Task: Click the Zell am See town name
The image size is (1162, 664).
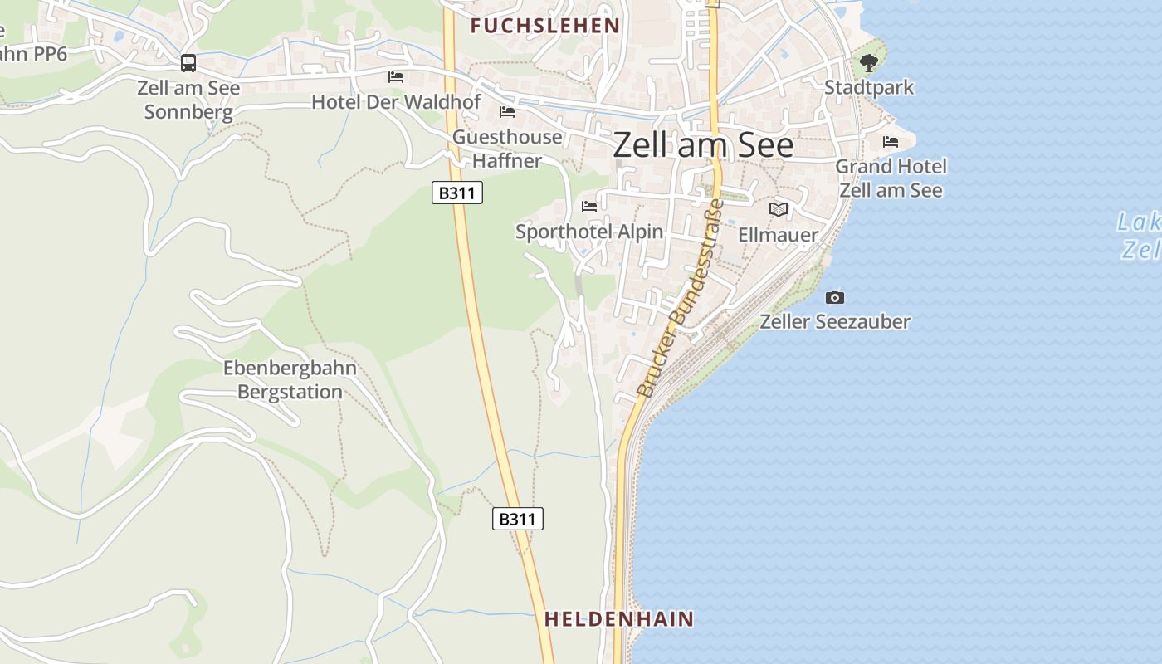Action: (x=703, y=145)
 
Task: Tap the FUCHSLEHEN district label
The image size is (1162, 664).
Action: (x=545, y=26)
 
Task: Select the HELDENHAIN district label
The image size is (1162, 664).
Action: (x=618, y=619)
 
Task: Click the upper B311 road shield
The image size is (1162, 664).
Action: (x=457, y=193)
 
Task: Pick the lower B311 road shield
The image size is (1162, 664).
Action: (x=518, y=520)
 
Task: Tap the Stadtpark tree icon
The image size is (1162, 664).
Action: (x=868, y=62)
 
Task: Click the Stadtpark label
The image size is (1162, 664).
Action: (x=868, y=87)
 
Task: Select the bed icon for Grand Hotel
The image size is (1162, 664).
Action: (x=891, y=142)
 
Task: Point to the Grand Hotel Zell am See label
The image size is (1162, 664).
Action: (x=891, y=178)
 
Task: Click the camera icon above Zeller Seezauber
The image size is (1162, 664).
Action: (x=835, y=297)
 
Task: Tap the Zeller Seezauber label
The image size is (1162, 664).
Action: (x=835, y=321)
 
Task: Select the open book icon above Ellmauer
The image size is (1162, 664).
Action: (x=779, y=210)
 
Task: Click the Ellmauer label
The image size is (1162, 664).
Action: (x=779, y=235)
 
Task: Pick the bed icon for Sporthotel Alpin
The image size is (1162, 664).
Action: (x=589, y=206)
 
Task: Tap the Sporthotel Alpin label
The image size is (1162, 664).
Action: (x=589, y=232)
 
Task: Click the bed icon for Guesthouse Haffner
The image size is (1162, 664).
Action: (x=507, y=112)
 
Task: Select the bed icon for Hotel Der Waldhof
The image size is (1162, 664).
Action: (x=396, y=77)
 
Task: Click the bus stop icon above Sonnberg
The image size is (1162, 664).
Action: (x=188, y=62)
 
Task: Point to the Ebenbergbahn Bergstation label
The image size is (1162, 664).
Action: (x=290, y=379)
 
